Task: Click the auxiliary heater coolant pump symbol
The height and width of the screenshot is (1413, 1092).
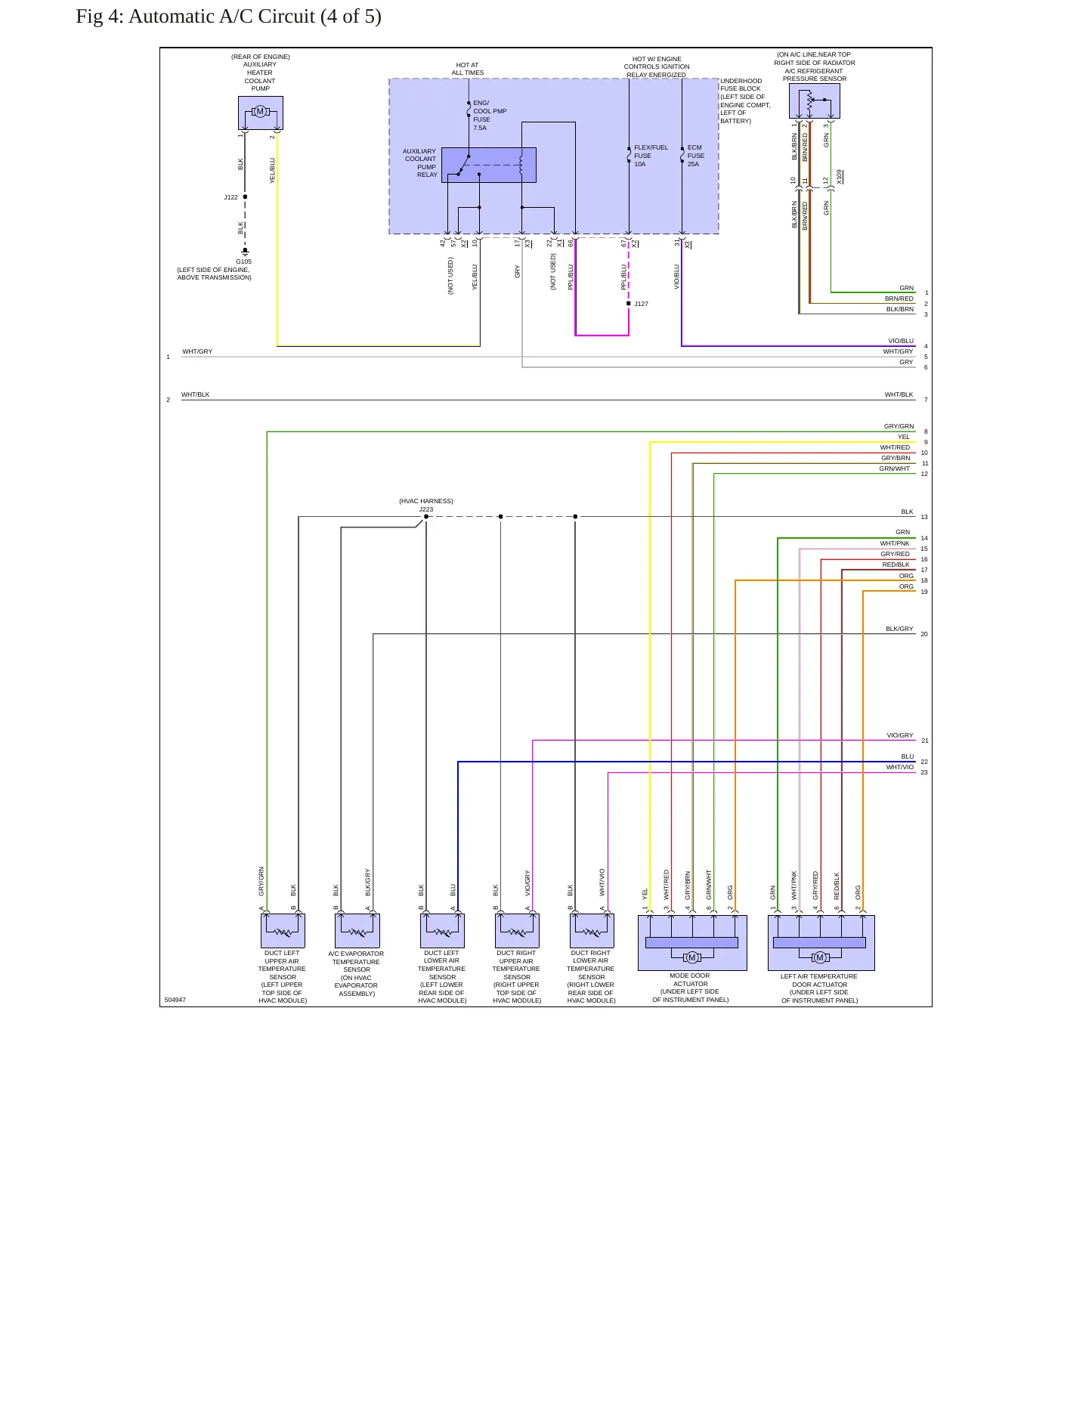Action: pos(261,113)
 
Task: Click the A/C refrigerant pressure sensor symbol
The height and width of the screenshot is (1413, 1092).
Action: pos(814,100)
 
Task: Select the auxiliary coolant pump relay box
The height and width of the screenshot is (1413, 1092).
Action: pos(488,165)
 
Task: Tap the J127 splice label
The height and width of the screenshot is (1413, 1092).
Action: pos(641,304)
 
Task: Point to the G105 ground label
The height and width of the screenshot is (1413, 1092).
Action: pos(243,261)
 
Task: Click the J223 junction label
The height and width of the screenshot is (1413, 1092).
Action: pos(426,509)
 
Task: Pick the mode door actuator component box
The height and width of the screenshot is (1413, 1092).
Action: pos(692,943)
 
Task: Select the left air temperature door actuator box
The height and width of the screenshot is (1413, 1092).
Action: pos(821,943)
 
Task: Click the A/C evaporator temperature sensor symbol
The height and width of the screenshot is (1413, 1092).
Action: pos(357,931)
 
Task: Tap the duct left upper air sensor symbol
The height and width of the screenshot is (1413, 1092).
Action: pos(283,931)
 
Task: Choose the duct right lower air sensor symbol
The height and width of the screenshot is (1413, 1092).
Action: pos(592,931)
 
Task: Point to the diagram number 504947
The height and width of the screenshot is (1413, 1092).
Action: pos(175,1000)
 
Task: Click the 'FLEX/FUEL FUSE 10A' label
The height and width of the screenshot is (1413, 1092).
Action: pos(651,156)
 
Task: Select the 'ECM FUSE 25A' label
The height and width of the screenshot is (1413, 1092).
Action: pos(695,156)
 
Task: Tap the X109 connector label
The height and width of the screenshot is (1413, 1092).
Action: pos(840,177)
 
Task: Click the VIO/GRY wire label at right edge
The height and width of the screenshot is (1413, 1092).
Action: pos(900,735)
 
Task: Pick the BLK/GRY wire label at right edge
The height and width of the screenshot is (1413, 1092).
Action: pos(899,629)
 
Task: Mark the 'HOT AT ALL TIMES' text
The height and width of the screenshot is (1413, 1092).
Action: pos(468,69)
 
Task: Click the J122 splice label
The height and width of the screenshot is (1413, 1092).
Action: pos(230,197)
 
